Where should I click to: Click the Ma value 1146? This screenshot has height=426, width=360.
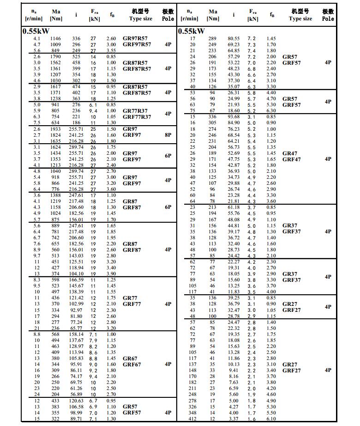(x=55, y=38)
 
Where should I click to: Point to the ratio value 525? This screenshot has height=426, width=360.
(x=76, y=56)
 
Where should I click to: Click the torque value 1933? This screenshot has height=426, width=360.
(x=55, y=129)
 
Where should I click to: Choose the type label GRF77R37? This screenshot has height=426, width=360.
(x=137, y=117)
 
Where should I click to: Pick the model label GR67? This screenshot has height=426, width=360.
(x=130, y=359)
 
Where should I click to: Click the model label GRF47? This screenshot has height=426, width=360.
(x=290, y=159)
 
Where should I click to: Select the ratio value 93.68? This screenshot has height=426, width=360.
(x=234, y=117)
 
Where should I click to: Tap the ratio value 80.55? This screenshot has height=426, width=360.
(x=234, y=38)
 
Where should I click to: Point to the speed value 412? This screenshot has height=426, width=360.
(x=192, y=419)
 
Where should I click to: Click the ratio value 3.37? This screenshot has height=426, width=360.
(x=234, y=419)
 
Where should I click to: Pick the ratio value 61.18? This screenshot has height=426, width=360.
(x=234, y=207)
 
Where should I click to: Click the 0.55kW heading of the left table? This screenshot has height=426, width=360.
(x=36, y=31)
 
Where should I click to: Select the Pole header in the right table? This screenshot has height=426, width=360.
(x=328, y=19)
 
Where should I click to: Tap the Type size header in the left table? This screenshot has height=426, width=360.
(x=140, y=19)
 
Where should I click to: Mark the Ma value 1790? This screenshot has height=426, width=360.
(x=55, y=56)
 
